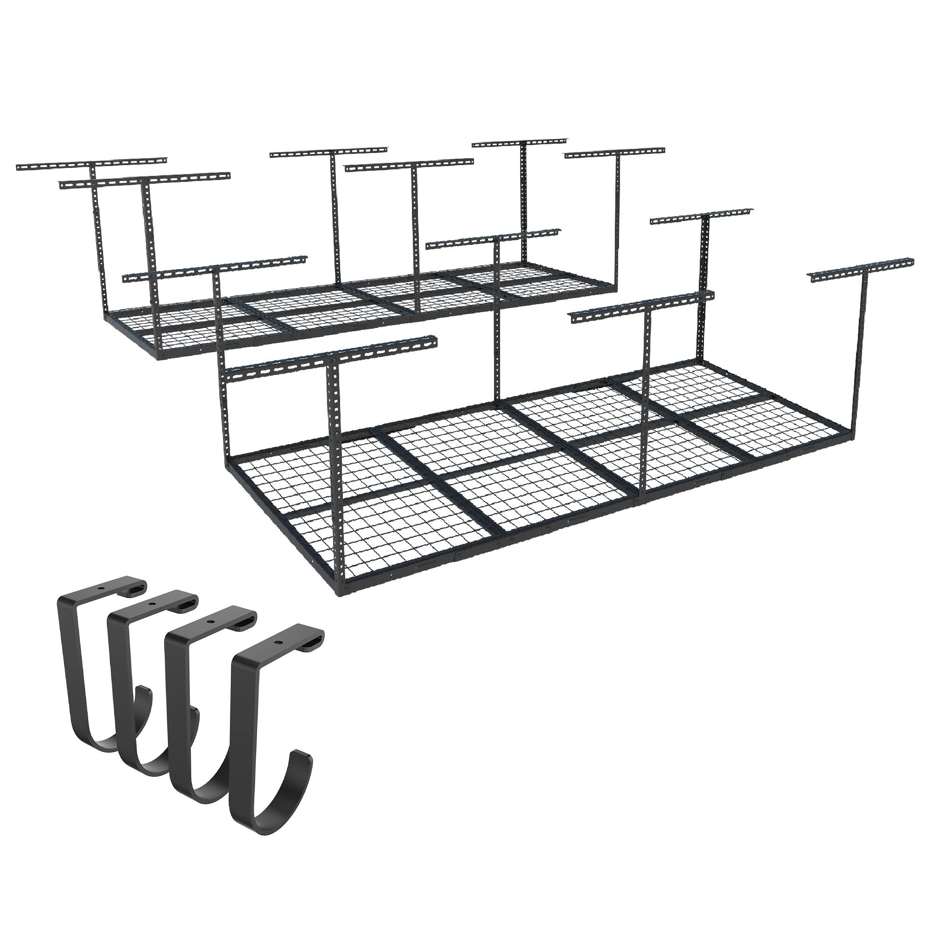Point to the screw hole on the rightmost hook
(x=279, y=644)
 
